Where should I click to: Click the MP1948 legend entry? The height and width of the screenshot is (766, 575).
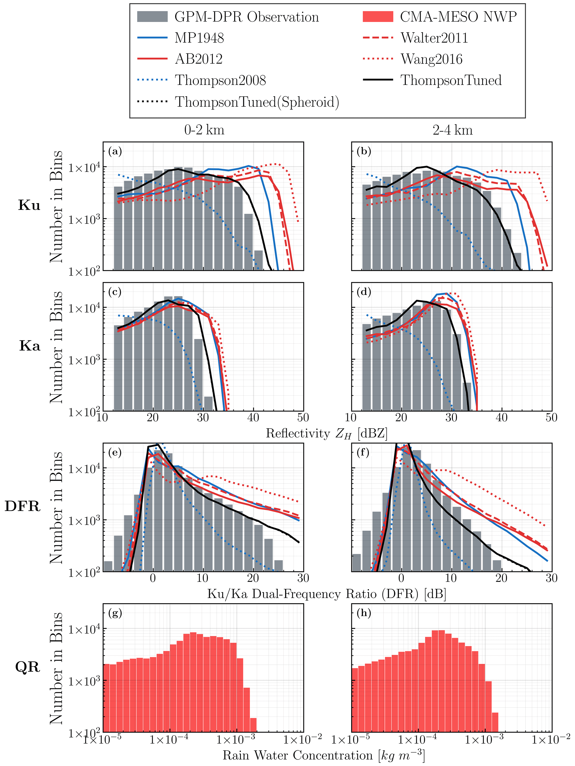click(x=199, y=38)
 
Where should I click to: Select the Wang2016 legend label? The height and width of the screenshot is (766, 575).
click(x=431, y=59)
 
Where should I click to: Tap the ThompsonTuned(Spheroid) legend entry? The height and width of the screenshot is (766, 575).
click(x=257, y=102)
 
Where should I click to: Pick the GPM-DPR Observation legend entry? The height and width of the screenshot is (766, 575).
click(x=246, y=17)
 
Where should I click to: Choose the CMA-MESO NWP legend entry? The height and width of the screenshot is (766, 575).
click(x=458, y=17)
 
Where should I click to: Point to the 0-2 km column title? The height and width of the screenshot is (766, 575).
click(x=204, y=130)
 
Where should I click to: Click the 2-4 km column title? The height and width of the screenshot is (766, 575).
click(x=452, y=130)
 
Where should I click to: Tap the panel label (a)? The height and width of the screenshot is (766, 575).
click(x=115, y=151)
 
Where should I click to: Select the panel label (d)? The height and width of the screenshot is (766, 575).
click(x=364, y=292)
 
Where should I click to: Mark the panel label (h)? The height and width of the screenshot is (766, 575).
click(x=364, y=613)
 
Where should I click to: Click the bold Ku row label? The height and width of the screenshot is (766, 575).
click(x=29, y=205)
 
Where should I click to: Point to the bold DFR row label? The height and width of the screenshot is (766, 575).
click(x=23, y=506)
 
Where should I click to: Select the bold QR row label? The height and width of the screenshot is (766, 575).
click(x=28, y=667)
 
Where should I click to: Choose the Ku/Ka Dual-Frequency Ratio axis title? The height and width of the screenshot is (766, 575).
click(x=326, y=594)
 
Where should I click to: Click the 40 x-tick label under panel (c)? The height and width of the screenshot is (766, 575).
click(x=253, y=418)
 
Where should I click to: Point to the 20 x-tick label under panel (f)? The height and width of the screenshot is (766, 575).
click(x=501, y=578)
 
